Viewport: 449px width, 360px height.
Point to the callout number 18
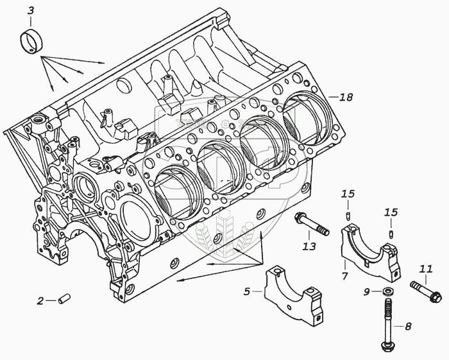[x=346, y=98]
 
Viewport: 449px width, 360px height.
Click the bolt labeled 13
[x=311, y=226]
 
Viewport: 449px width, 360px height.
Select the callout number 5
[x=246, y=292]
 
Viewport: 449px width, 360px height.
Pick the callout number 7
[x=344, y=276]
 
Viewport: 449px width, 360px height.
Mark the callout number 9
[x=367, y=293]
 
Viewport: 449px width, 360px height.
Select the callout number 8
[x=408, y=326]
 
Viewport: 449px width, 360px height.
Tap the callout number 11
[x=426, y=268]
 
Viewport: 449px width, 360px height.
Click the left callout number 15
[x=348, y=194]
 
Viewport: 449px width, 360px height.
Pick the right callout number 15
[x=391, y=212]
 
